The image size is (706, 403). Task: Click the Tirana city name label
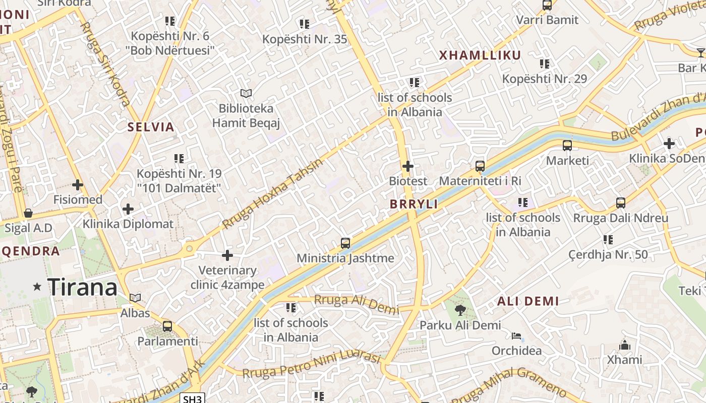click(x=83, y=288)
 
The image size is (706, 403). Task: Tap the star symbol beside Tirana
click(x=37, y=287)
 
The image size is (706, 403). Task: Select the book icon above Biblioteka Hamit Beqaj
click(x=246, y=93)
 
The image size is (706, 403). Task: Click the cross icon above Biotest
click(x=408, y=166)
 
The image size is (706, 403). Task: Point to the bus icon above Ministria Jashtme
click(x=345, y=243)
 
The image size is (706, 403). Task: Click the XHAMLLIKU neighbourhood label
click(x=480, y=55)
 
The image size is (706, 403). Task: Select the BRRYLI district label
click(x=414, y=204)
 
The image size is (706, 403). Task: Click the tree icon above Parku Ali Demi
click(x=460, y=310)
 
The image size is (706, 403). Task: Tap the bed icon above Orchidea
click(x=516, y=336)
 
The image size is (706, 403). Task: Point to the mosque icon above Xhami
click(x=625, y=345)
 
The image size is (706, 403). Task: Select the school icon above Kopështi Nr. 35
click(x=304, y=24)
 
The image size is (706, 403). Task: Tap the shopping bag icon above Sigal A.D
click(x=28, y=213)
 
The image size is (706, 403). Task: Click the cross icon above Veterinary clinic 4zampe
click(x=227, y=255)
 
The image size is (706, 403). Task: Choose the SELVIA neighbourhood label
click(x=151, y=127)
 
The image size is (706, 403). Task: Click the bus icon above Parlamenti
click(x=167, y=326)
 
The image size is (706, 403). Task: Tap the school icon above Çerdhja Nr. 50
click(x=608, y=239)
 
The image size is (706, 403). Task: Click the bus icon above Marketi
click(x=567, y=146)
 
